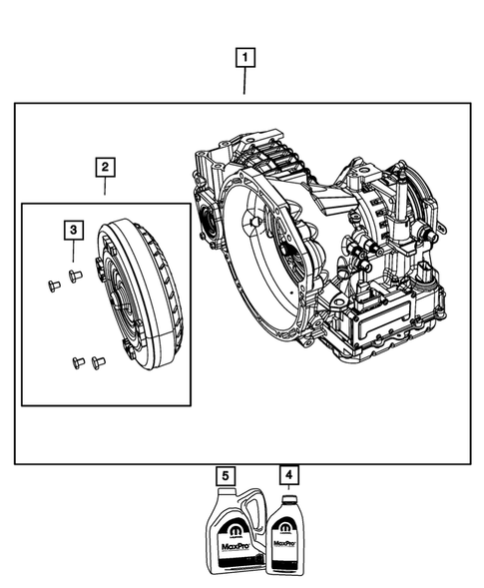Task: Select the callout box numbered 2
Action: [105, 167]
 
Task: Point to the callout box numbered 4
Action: [288, 475]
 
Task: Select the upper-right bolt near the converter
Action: [73, 274]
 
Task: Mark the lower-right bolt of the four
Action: [97, 361]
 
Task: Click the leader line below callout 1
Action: [243, 82]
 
